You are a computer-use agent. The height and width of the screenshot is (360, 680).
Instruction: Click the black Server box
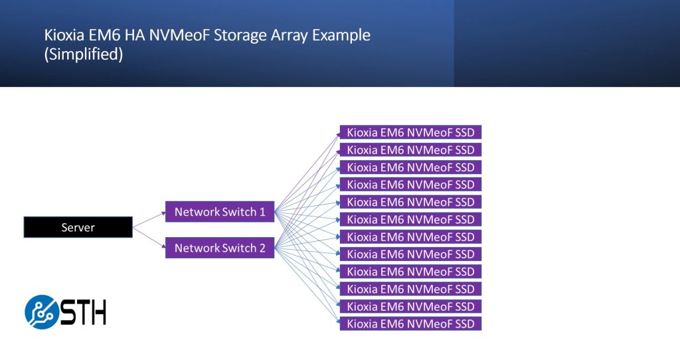coord(78,228)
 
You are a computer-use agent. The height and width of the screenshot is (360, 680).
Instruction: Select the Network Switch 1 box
coord(220,213)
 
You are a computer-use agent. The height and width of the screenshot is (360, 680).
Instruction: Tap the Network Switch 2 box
coord(220,248)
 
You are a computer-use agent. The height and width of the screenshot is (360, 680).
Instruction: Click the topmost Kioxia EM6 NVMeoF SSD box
coord(410,132)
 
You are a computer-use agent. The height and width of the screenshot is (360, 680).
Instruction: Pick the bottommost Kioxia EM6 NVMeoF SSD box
coord(410,324)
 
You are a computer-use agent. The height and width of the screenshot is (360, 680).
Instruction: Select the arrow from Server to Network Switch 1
coord(149,219)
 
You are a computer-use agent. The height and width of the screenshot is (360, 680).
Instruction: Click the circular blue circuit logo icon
coord(42,312)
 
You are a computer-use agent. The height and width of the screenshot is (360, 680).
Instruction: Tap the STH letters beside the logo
coord(83,312)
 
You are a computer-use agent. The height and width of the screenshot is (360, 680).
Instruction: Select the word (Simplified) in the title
coord(84,56)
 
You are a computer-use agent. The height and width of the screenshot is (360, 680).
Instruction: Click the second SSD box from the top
coord(410,149)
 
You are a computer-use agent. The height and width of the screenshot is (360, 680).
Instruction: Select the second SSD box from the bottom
coord(410,307)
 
